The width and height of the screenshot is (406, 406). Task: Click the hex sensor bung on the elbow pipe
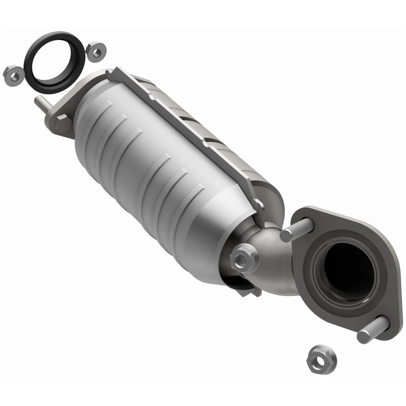coord(244,258)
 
